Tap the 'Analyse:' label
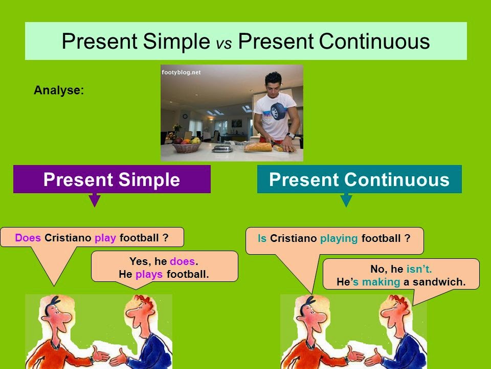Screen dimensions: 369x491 [58, 90]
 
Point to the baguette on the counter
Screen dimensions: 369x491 [258, 147]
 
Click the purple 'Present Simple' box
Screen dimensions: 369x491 [111, 179]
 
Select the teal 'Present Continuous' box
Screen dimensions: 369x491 [359, 179]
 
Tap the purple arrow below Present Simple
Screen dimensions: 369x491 [94, 200]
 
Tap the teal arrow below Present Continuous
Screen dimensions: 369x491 [346, 200]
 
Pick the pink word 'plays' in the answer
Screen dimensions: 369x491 [149, 274]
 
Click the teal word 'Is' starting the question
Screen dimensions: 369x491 [262, 238]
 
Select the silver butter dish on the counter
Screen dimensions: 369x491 [223, 148]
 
